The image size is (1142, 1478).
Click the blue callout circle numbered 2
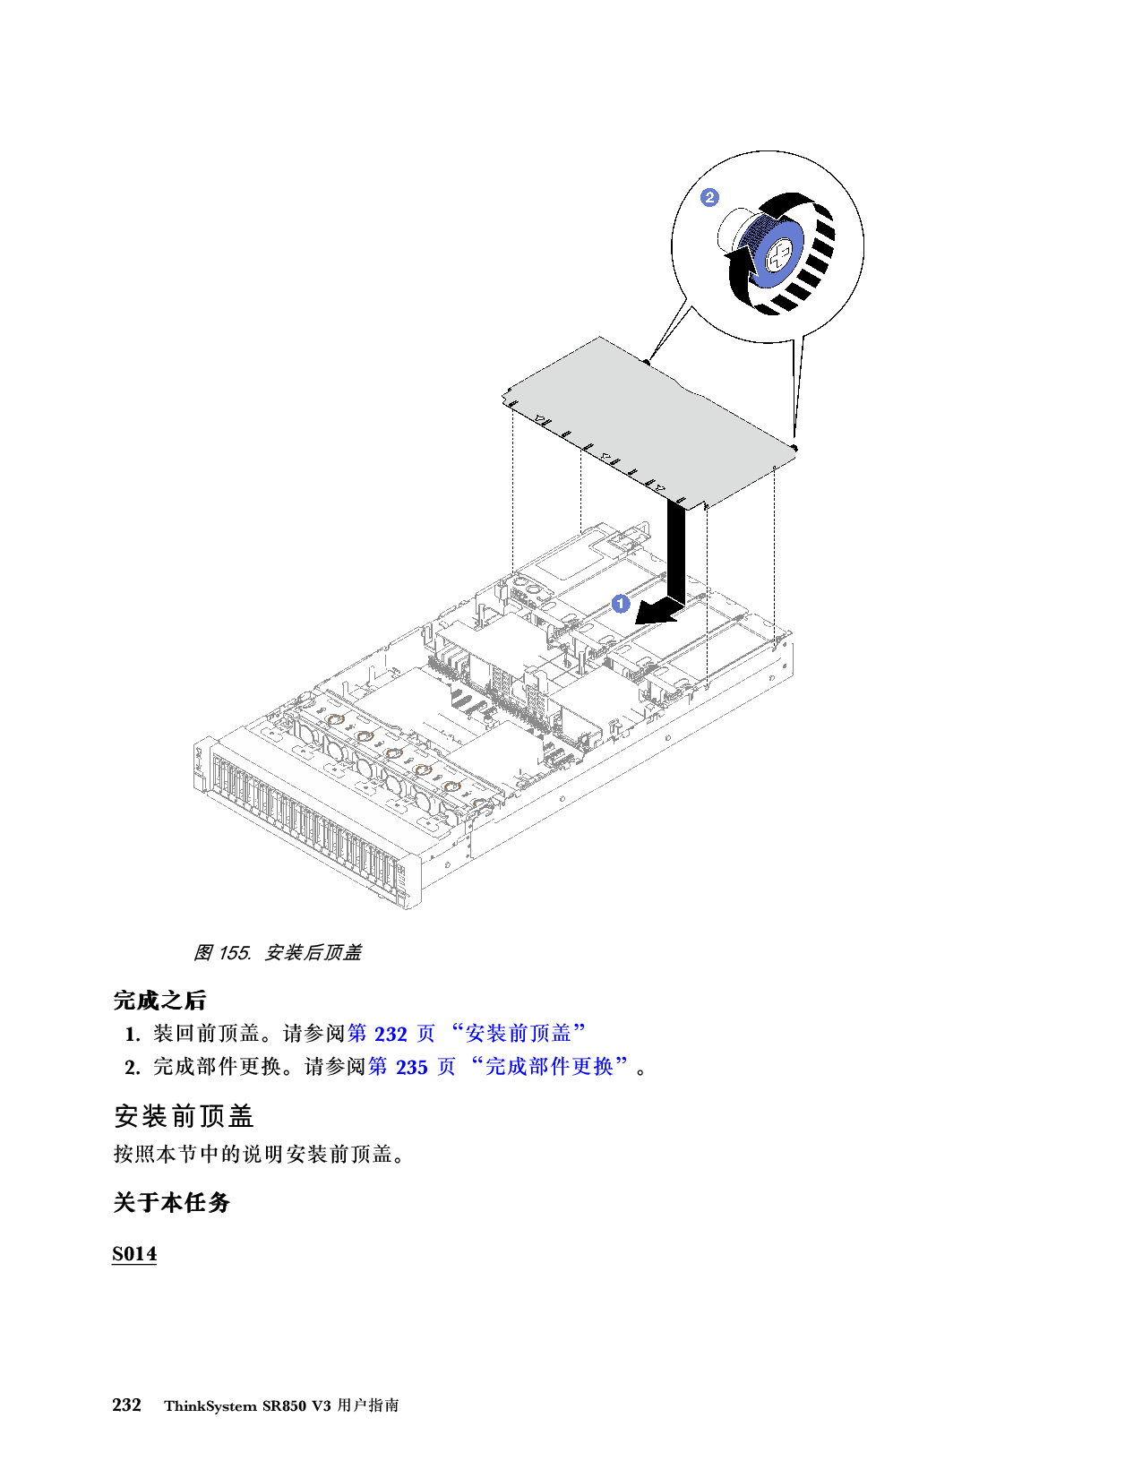709,197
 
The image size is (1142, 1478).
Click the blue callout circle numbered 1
621,604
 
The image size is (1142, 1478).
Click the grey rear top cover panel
645,412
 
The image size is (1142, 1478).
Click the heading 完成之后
160,1000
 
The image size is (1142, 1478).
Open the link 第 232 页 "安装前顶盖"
466,1034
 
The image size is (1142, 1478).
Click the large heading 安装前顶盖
184,1116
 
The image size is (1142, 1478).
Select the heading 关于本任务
171,1202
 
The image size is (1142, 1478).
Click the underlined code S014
134,1253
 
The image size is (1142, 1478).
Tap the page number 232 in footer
127,1405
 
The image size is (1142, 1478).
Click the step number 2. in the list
132,1068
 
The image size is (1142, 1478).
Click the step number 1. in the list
132,1035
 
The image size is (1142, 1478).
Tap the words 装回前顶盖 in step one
206,1034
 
